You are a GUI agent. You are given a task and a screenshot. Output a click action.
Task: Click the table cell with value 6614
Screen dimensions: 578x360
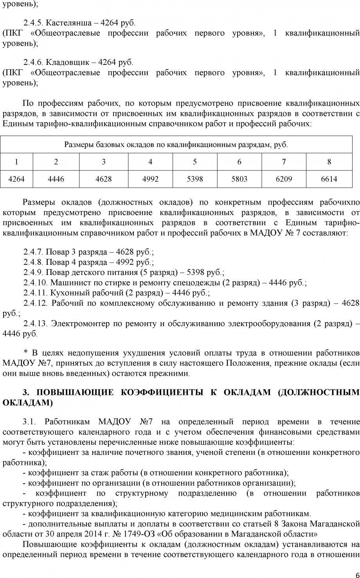point(329,179)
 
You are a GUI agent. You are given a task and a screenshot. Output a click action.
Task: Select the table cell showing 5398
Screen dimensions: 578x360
point(195,179)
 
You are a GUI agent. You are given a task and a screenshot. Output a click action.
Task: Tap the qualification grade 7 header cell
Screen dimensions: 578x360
point(284,162)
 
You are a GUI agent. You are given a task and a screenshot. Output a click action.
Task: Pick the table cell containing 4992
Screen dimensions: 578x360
point(150,179)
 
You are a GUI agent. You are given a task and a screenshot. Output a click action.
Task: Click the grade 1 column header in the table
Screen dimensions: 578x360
point(16,162)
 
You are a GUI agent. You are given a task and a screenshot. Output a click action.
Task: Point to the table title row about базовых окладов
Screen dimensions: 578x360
point(176,145)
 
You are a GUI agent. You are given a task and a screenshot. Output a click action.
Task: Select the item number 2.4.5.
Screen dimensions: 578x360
point(34,23)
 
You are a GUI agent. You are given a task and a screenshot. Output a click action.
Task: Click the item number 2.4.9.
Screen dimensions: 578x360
point(34,272)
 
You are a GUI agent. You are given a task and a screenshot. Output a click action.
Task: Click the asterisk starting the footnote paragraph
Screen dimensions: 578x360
point(26,353)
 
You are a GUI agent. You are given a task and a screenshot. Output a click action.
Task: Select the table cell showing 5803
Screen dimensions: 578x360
point(239,179)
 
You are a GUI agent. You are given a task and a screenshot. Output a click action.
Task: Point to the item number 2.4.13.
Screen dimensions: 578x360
point(35,324)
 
